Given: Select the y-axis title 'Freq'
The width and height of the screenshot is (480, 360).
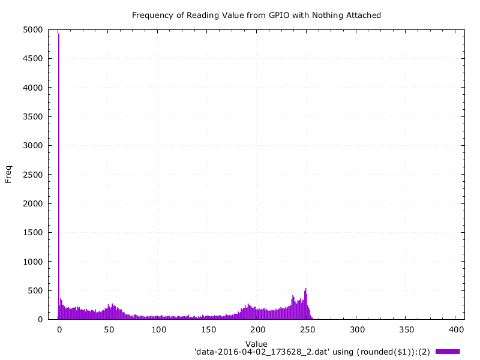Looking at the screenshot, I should click(8, 174).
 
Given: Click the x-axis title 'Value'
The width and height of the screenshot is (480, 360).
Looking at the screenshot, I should click(256, 344).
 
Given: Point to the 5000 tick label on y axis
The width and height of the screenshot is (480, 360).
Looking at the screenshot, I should click(32, 29).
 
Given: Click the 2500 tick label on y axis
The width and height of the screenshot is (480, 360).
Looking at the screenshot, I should click(32, 175).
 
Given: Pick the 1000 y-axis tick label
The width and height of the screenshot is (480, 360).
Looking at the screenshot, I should click(32, 262).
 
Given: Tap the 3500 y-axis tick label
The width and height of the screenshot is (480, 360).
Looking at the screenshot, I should click(32, 116).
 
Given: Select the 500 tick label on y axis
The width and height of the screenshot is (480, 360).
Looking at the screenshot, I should click(35, 290).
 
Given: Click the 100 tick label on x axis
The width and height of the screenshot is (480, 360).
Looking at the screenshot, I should click(158, 329).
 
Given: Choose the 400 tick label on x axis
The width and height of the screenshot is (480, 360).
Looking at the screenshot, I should click(455, 329).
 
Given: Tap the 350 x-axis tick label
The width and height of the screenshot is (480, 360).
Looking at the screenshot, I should click(406, 329).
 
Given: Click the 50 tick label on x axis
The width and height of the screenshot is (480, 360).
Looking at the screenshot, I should click(109, 329).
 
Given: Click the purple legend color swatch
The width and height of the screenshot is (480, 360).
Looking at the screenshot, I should click(448, 351).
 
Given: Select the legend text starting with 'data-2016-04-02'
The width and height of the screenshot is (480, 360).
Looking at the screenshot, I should click(312, 351).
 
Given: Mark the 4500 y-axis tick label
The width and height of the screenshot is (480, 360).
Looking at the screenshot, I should click(32, 58).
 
